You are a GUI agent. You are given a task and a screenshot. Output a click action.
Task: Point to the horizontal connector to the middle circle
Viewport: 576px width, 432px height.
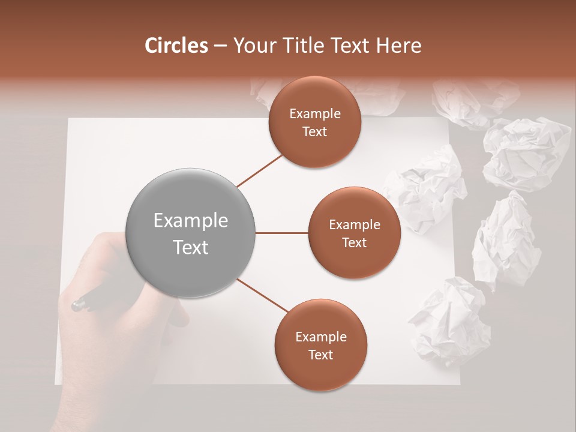(282, 233)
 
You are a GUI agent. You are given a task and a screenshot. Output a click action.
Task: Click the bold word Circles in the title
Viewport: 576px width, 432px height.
(176, 46)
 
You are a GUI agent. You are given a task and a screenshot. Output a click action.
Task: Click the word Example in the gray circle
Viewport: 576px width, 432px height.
(191, 221)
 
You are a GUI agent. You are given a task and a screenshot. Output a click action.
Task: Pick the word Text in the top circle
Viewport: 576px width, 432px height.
(314, 132)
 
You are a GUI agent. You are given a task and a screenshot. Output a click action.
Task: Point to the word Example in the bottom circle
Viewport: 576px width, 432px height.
(321, 337)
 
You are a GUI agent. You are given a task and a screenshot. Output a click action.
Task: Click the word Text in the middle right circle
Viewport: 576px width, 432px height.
(354, 243)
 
